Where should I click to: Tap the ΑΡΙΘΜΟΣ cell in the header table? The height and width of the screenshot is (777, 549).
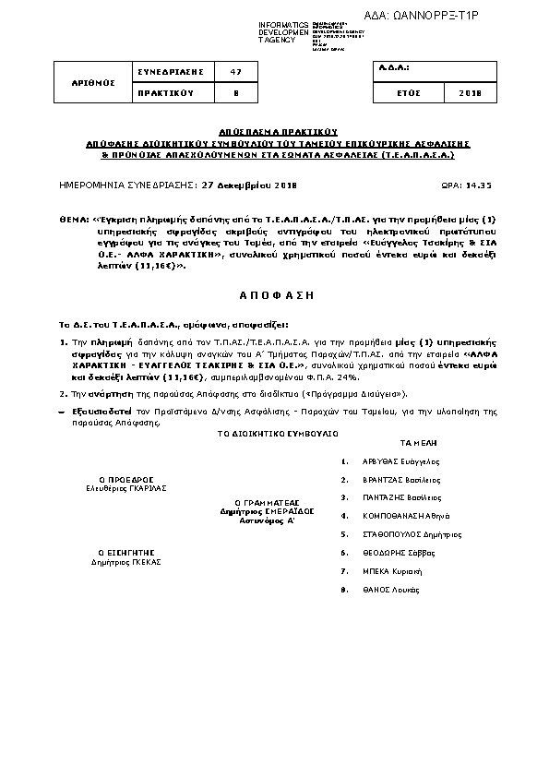pyautogui.click(x=94, y=82)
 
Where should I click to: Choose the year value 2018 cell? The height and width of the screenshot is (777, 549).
pyautogui.click(x=471, y=93)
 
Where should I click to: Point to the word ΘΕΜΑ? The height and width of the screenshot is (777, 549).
pyautogui.click(x=71, y=220)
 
